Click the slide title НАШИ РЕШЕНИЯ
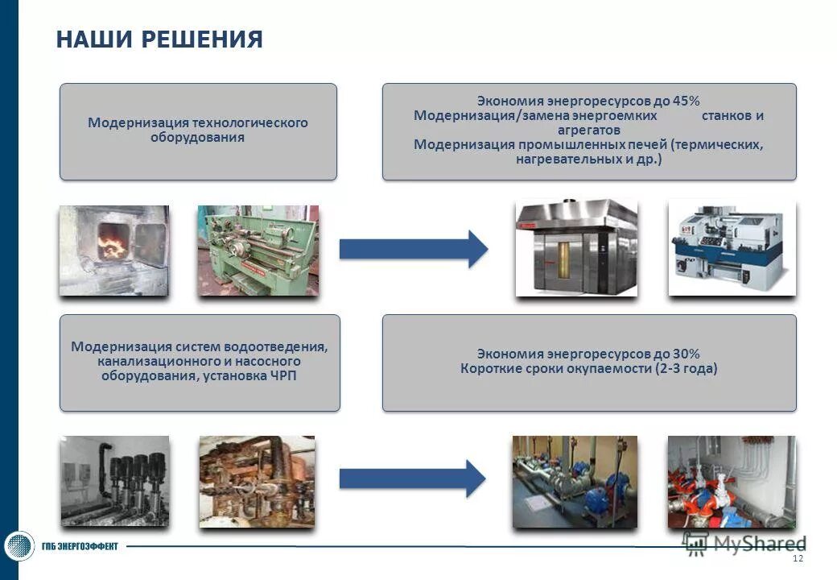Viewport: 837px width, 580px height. pos(159,39)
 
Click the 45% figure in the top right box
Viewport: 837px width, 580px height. pos(687,101)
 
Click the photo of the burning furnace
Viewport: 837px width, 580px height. pos(113,250)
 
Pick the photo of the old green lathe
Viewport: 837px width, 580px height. pos(258,250)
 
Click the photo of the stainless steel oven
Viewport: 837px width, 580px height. pos(576,247)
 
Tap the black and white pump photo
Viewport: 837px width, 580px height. pos(115,481)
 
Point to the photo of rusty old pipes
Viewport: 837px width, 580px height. pos(257,481)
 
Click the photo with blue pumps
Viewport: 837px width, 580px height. pos(575,482)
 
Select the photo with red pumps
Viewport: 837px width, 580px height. pos(731,482)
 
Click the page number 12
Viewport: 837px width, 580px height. pos(798,559)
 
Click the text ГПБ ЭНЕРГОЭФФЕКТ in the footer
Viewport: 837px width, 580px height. pos(80,547)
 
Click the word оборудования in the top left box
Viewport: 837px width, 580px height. pos(197,137)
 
